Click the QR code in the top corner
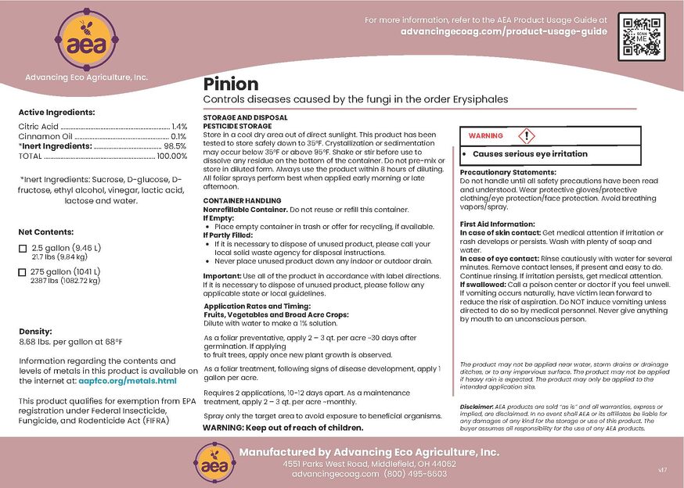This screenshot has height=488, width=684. click(643, 36)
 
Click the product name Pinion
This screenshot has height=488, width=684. click(231, 84)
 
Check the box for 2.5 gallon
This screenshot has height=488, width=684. click(22, 249)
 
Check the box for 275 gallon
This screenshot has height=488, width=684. click(22, 271)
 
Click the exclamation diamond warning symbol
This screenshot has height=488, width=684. click(528, 135)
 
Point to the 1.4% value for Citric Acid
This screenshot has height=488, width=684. click(178, 126)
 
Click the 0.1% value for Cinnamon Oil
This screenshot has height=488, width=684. click(179, 136)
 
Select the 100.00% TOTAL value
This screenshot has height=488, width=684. click(171, 156)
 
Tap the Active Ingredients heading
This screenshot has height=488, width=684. click(56, 113)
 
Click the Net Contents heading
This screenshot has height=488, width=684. click(46, 232)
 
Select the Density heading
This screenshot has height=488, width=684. click(35, 332)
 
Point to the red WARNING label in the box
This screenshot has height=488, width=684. click(485, 136)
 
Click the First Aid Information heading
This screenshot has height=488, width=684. click(497, 224)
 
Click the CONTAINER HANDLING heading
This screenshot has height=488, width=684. click(242, 201)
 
